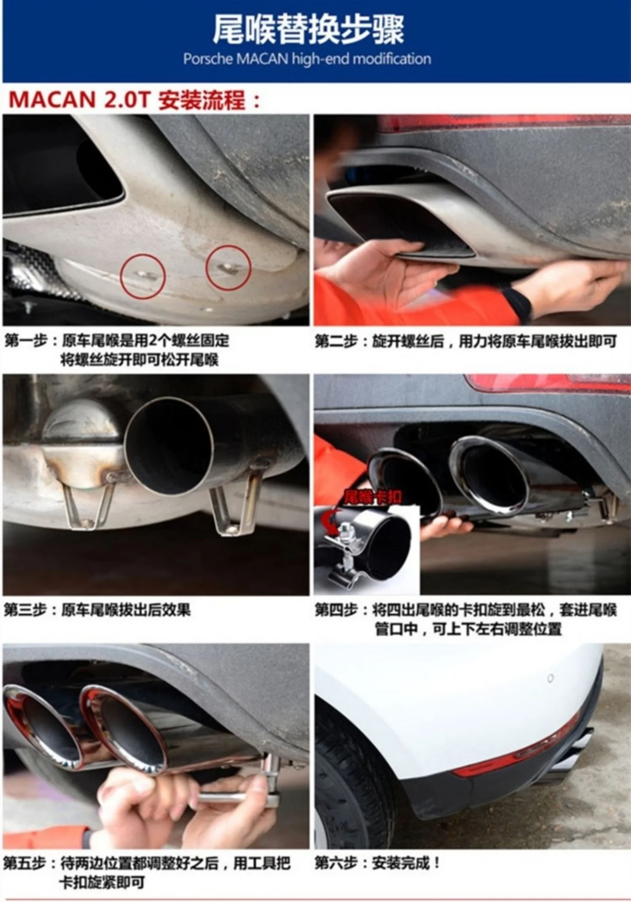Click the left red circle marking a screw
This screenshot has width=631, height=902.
click(x=143, y=276)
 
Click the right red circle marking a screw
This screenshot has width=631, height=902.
click(x=228, y=267)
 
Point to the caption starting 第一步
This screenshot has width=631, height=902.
click(x=117, y=350)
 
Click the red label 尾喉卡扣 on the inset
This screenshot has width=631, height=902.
click(x=373, y=497)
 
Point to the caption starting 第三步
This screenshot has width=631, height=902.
click(x=97, y=610)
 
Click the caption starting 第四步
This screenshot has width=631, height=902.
click(x=466, y=619)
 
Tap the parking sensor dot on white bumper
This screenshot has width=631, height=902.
click(x=550, y=678)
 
